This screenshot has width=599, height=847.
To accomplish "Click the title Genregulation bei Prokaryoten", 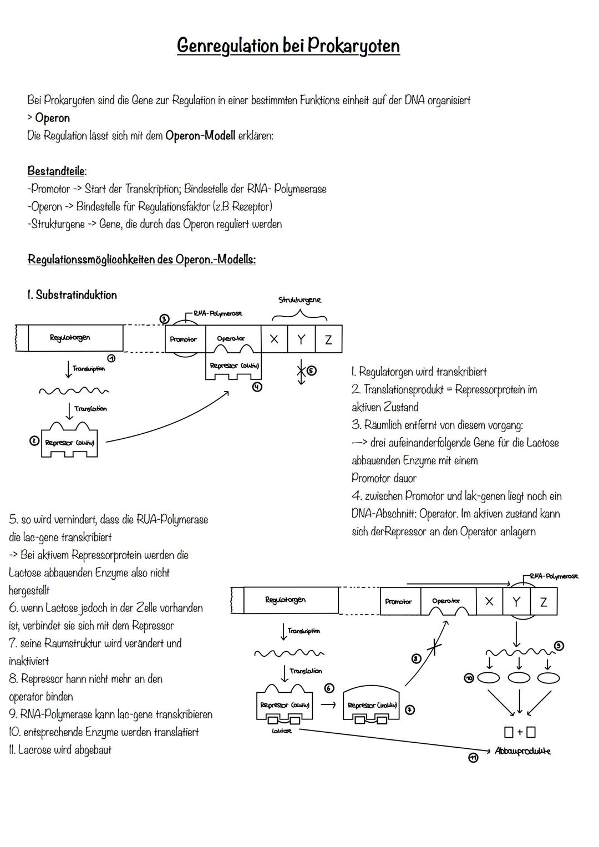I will pyautogui.click(x=288, y=45).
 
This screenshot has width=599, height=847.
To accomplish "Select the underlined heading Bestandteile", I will pyautogui.click(x=57, y=171).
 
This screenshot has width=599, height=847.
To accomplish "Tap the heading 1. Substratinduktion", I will pyautogui.click(x=72, y=295).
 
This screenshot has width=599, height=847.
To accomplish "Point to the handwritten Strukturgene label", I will pyautogui.click(x=299, y=300).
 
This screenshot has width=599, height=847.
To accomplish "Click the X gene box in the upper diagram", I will pyautogui.click(x=274, y=339).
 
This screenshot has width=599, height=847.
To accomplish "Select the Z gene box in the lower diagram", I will pyautogui.click(x=544, y=602).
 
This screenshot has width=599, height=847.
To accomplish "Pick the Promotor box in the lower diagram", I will pyautogui.click(x=399, y=602).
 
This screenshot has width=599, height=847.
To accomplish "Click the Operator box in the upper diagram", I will pyautogui.click(x=231, y=339).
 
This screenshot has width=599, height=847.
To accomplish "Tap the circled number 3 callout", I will pyautogui.click(x=164, y=319).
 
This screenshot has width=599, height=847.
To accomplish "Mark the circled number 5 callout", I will pyautogui.click(x=312, y=371).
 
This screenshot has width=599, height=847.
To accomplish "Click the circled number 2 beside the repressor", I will pyautogui.click(x=34, y=441).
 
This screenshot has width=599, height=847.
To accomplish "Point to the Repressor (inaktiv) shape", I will pyautogui.click(x=372, y=706).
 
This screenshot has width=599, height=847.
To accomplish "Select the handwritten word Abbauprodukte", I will pyautogui.click(x=522, y=751).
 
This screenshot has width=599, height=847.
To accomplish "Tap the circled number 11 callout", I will pyautogui.click(x=473, y=758).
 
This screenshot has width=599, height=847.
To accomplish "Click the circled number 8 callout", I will pyautogui.click(x=416, y=658).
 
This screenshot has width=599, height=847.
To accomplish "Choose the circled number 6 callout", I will pyautogui.click(x=329, y=688).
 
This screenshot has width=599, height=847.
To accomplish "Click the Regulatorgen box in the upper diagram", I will pyautogui.click(x=70, y=338).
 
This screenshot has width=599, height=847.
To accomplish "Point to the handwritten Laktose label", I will pyautogui.click(x=282, y=732).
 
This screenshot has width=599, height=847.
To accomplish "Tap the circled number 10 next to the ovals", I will pyautogui.click(x=469, y=678).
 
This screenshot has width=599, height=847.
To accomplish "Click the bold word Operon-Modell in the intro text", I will pyautogui.click(x=200, y=135).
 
